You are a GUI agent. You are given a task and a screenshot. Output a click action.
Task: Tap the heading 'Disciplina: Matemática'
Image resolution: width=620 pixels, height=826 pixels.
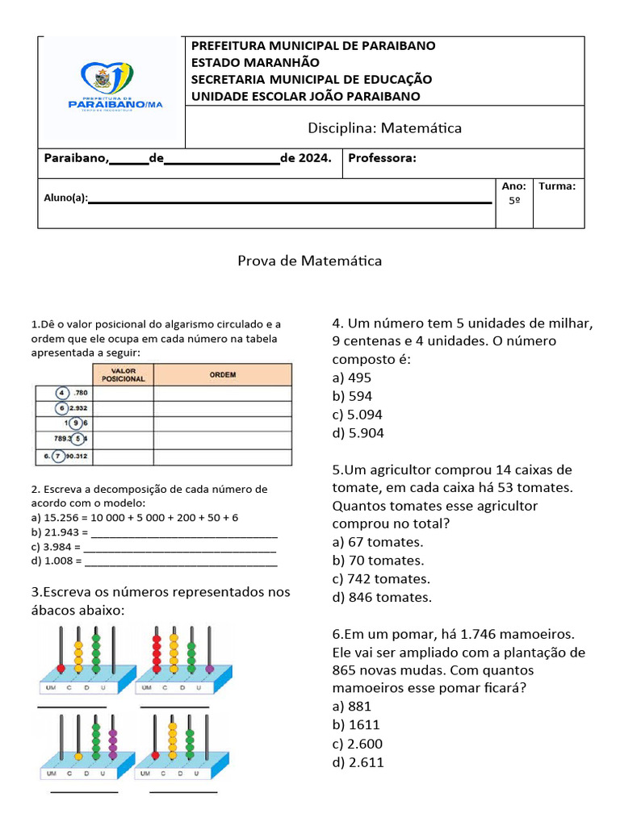tap(384, 128)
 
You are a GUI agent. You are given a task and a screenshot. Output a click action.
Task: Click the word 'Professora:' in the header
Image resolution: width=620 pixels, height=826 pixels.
tap(382, 158)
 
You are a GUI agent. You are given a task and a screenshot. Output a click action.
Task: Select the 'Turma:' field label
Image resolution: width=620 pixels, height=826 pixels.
tap(557, 186)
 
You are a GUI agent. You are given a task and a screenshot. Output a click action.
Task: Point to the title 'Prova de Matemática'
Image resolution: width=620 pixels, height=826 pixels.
tap(309, 261)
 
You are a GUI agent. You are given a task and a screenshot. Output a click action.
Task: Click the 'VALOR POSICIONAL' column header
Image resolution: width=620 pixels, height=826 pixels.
tap(124, 374)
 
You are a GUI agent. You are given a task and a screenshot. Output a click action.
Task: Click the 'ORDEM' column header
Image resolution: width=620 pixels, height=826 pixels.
tap(222, 375)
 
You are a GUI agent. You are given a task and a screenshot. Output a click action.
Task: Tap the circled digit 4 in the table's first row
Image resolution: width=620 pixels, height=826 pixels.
tap(61, 393)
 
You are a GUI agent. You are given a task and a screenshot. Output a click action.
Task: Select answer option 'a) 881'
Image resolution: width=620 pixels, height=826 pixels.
tap(351, 707)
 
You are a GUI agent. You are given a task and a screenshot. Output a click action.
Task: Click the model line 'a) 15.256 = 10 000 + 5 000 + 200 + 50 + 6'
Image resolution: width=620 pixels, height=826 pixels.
tap(135, 518)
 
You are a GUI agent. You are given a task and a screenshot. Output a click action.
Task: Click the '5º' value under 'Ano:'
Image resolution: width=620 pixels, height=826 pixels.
tap(514, 201)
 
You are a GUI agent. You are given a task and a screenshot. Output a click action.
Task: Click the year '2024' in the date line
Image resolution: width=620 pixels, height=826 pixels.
tap(314, 158)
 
